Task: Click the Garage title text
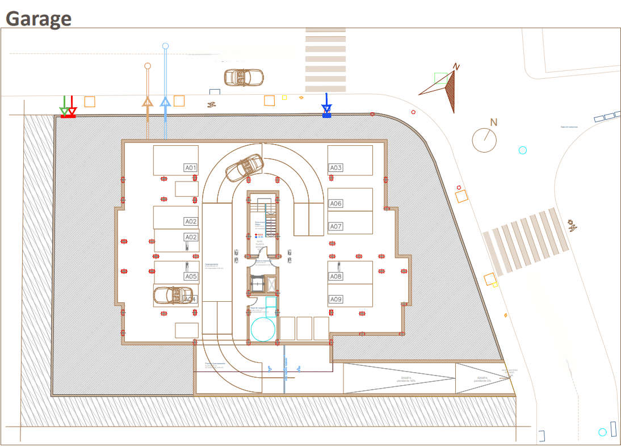tap(39, 18)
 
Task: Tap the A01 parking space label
tap(190, 168)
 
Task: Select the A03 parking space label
tap(336, 168)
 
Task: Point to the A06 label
tap(336, 204)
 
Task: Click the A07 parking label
tap(336, 226)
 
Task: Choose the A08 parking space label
tap(336, 277)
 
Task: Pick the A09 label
tap(336, 299)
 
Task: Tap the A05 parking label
tap(190, 277)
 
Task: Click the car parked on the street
tap(244, 77)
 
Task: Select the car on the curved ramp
tap(245, 168)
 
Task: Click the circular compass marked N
tap(485, 140)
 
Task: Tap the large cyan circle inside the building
tap(263, 329)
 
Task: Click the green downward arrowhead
tap(65, 111)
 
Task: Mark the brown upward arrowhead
tap(148, 102)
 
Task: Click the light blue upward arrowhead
tap(165, 102)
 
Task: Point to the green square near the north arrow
tap(440, 78)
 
